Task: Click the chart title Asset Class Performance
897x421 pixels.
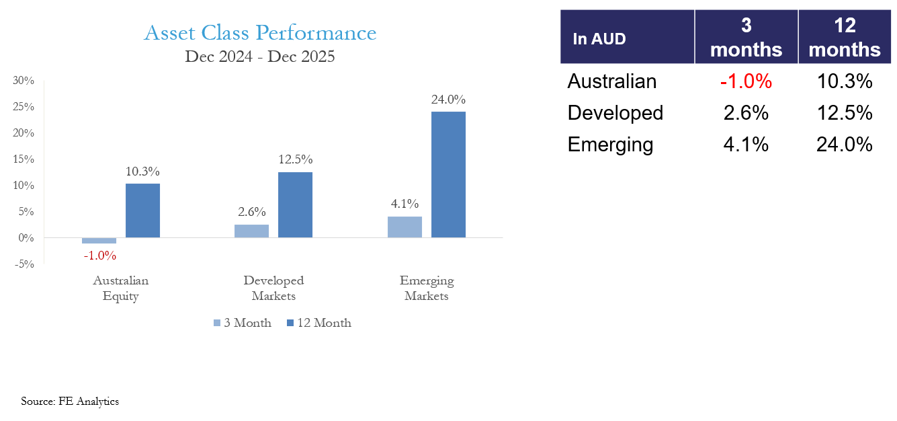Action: point(260,33)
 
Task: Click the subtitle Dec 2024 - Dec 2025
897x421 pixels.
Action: point(260,56)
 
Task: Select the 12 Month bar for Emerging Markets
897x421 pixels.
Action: point(448,174)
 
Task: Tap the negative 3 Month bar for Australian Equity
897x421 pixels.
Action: point(99,241)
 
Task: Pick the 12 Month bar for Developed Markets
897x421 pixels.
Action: point(295,204)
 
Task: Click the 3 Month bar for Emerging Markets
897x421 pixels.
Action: point(404,227)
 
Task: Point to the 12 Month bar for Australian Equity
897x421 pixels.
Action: point(142,210)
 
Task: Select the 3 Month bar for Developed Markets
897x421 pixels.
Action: point(251,231)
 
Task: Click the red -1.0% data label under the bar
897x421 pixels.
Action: point(100,256)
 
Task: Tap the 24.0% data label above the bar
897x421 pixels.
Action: point(448,100)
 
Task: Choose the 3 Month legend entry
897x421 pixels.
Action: point(243,323)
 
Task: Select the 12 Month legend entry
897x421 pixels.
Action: point(318,323)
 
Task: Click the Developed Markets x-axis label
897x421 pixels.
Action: point(273,288)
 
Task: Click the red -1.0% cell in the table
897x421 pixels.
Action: point(746,81)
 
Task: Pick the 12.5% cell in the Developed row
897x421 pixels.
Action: point(845,112)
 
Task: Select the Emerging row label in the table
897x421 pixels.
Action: point(610,145)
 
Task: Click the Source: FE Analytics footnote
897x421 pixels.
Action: point(70,401)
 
